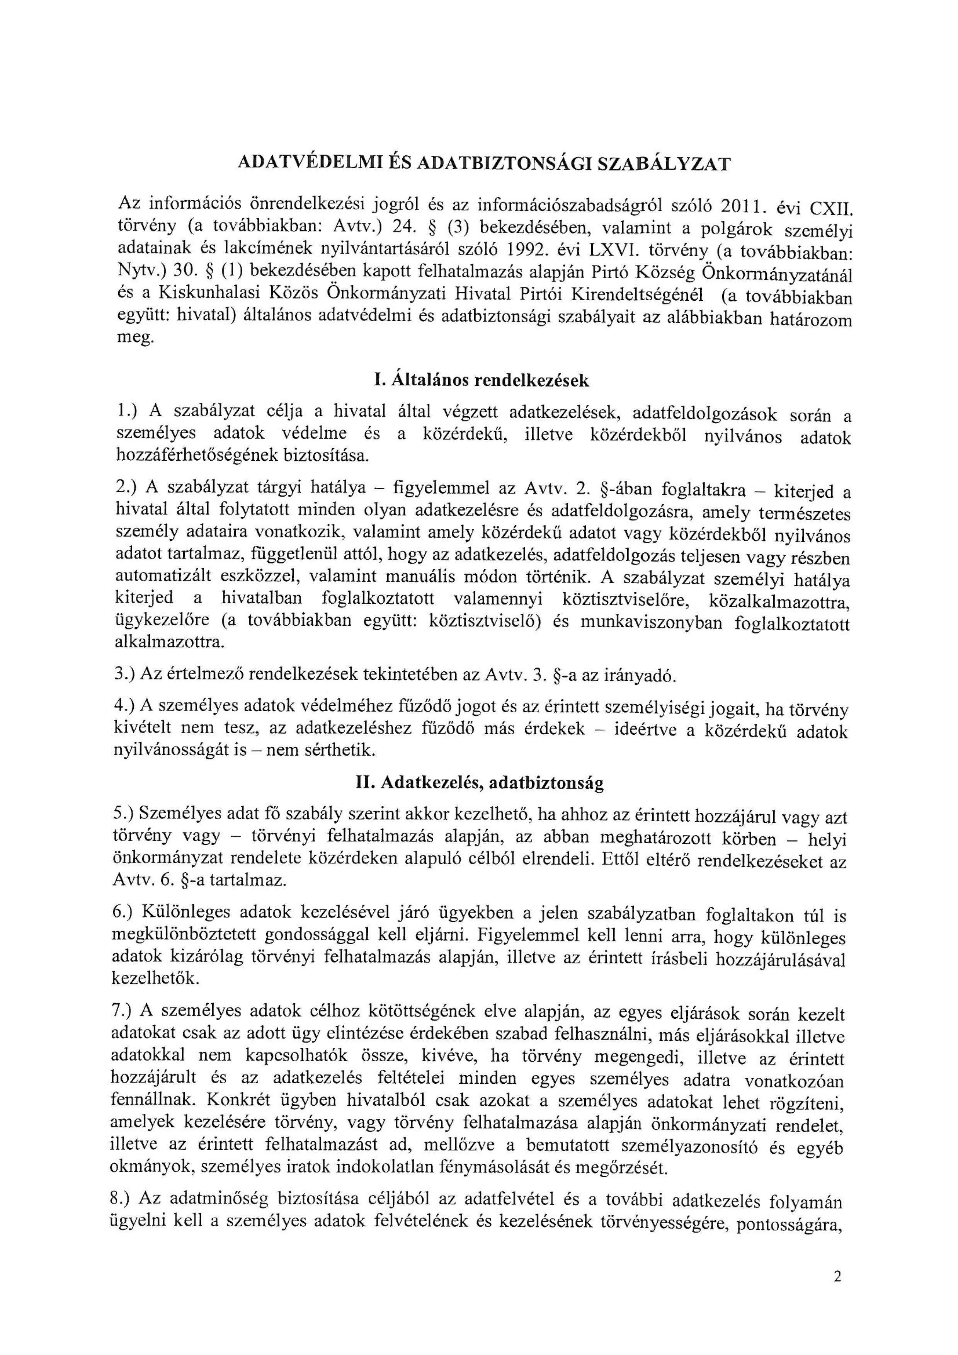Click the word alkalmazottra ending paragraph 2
point(169,642)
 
